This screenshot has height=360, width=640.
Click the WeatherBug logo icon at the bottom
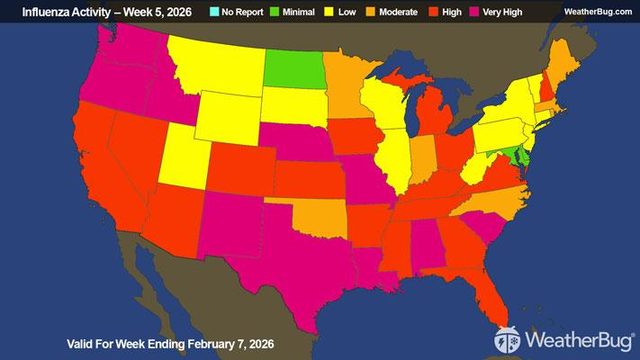click(508, 341)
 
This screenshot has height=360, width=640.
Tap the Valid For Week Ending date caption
click(171, 344)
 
